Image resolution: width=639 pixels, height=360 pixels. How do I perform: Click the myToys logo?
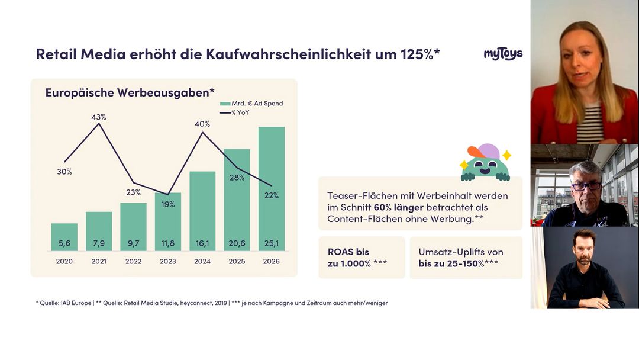503,54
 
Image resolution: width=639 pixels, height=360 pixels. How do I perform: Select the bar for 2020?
64,237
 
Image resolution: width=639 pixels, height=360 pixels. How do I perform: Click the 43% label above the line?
99,117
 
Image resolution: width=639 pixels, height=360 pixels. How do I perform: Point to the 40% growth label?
202,124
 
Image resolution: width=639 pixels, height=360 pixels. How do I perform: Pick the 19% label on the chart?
168,204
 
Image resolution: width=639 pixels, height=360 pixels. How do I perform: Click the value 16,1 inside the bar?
202,243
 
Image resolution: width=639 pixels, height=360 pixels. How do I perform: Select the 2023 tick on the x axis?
168,261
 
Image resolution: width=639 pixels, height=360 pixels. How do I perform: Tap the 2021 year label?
99,261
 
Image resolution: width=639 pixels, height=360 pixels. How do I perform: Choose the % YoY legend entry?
241,112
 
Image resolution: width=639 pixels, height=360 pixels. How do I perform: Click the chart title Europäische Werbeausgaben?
130,92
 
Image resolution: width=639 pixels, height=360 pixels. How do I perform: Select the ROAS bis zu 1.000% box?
362,258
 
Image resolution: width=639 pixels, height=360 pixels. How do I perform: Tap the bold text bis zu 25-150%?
451,264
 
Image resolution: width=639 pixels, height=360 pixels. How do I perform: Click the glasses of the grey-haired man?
586,185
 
